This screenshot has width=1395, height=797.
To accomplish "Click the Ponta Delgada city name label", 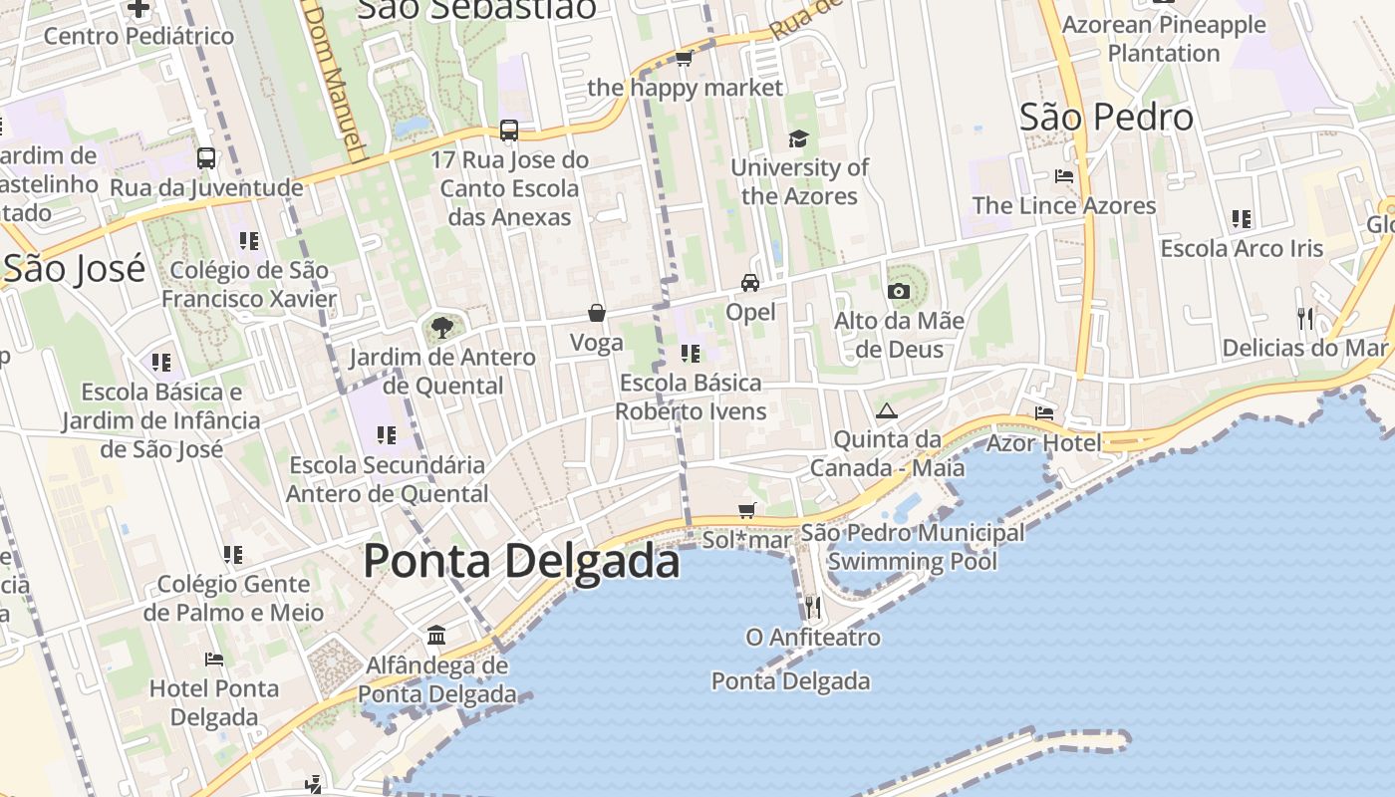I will [521, 561].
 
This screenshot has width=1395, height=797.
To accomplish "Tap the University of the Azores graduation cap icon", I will [798, 138].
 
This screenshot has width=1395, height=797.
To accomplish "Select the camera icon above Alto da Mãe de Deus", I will [898, 291].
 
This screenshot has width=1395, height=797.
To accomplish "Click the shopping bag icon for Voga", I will [597, 313].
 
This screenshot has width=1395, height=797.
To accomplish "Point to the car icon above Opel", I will [750, 283].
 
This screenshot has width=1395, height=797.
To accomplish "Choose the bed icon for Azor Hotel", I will [1044, 412].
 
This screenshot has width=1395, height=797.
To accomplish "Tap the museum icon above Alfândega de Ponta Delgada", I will [436, 635].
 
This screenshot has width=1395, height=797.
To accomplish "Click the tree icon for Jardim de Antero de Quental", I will [441, 327].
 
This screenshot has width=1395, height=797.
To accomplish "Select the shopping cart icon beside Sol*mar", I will [747, 510].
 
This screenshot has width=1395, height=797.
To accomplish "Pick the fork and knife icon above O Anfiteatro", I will [813, 607].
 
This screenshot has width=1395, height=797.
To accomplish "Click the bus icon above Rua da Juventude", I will [206, 157].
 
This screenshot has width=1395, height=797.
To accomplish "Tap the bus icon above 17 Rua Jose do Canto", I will [508, 130].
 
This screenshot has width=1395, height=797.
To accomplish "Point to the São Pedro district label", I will [1106, 118].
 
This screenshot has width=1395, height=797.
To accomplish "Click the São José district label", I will [75, 269].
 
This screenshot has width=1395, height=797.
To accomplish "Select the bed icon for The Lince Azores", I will [1064, 176].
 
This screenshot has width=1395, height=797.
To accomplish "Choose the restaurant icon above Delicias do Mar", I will [1304, 318].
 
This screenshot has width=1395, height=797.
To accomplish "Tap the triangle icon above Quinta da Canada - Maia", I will [886, 410].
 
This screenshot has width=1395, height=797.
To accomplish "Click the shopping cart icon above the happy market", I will [685, 59].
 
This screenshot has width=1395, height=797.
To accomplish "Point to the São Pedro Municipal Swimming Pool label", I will [912, 547].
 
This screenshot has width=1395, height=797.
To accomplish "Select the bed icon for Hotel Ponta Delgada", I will [214, 659].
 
